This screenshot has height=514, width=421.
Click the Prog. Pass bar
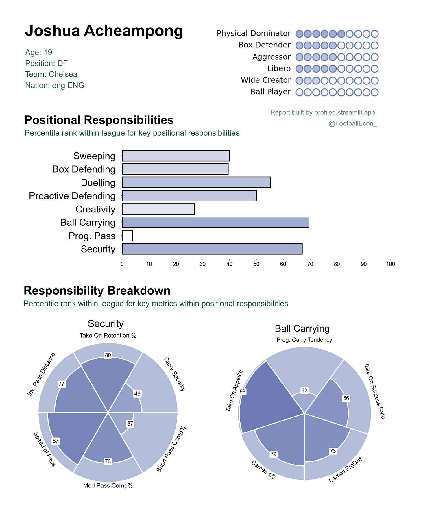127,236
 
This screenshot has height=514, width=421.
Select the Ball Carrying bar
215,222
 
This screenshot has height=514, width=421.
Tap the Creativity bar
158,209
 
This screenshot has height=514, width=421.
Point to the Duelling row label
98,183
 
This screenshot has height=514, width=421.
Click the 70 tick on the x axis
310,264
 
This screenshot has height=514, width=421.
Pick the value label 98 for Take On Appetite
243,391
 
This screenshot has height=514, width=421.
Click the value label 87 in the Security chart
56,441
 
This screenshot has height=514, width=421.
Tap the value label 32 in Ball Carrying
304,391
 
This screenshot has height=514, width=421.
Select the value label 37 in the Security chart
130,424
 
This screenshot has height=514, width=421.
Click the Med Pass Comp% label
108,486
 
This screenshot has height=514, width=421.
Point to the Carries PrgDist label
346,470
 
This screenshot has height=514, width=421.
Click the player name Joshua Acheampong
104,31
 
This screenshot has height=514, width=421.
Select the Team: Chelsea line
51,74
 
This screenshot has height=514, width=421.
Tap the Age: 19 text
39,52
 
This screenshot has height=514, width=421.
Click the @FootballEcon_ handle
353,124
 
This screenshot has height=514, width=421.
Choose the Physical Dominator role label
254,34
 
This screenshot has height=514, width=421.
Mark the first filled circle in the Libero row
299,69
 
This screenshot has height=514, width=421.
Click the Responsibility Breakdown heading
97,291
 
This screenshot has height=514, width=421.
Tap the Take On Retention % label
108,336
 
